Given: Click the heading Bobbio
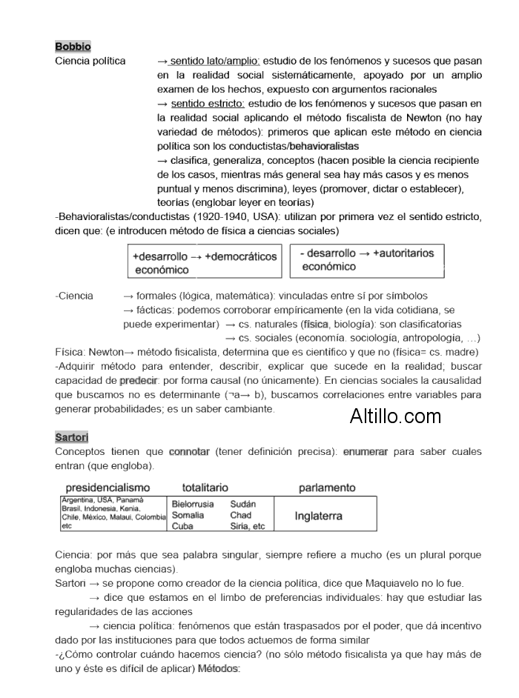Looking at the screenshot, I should tap(73, 47).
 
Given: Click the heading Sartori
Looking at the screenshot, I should tap(71, 436).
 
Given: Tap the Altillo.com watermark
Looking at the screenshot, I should tap(395, 416).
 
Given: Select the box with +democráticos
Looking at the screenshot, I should tap(205, 262).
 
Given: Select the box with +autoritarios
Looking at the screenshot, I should tap(367, 260).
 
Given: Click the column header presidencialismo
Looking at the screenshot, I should tap(108, 488).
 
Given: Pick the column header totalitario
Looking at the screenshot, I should tap(205, 488).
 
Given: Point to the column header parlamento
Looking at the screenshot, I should tap(327, 488).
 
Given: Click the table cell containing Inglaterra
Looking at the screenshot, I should tap(318, 516).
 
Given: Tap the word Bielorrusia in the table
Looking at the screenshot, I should tap(193, 504).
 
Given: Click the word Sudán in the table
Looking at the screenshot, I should tap(243, 504).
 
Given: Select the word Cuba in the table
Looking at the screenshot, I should tap(182, 526).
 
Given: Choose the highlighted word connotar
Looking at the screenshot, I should tap(189, 451).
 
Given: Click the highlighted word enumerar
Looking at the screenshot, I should tap(366, 451).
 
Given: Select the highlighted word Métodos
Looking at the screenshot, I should tap(219, 669).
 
